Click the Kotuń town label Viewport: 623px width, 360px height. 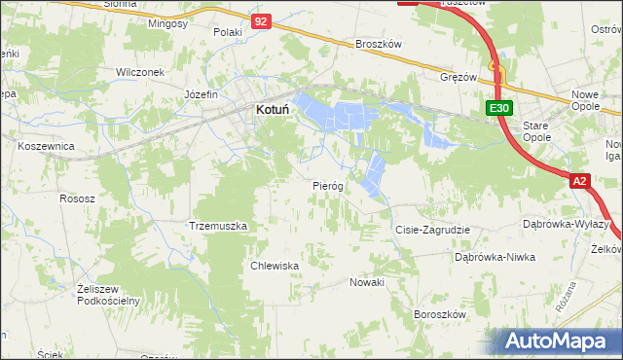point(274,111)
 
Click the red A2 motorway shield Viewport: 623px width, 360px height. point(580,181)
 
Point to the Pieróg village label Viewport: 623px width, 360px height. point(328,186)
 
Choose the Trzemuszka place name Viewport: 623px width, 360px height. point(219,226)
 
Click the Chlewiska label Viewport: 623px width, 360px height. point(274,265)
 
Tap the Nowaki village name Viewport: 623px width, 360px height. point(367,282)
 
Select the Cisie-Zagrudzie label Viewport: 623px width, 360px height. point(432,230)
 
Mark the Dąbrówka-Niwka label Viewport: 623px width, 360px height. point(495,257)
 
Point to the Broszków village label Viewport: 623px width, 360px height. point(379,45)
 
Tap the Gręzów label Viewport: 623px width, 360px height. point(458,76)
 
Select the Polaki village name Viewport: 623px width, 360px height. point(228,32)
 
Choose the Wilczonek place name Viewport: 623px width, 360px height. point(140,72)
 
